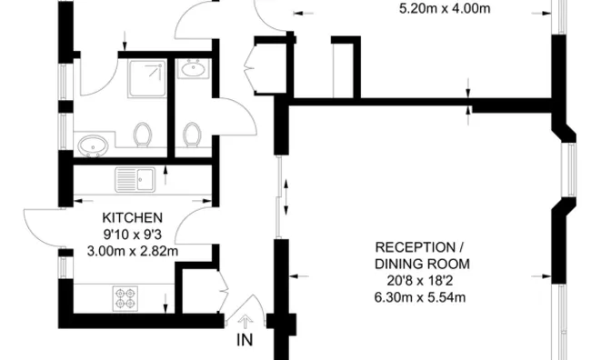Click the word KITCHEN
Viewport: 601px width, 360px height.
pos(132,218)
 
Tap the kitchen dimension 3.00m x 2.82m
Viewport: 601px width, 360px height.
pos(133,252)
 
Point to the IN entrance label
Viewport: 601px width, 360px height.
pos(245,340)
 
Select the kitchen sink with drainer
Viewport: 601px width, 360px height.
pos(135,179)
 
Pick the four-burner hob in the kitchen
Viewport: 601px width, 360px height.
pos(125,298)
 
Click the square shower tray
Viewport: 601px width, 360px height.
pos(147,78)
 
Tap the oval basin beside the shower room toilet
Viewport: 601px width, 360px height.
pos(93,146)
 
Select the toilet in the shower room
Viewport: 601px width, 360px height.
pos(143,135)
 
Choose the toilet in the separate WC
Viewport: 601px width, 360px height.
pos(192,135)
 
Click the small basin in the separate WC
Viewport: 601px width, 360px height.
pos(193,68)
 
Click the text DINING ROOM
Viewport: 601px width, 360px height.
pos(422,265)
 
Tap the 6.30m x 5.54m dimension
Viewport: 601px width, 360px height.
pos(420,297)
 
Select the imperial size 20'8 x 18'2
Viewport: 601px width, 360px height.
pos(420,281)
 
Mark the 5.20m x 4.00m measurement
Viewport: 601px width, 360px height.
pos(445,8)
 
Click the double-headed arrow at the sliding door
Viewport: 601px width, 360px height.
pos(285,197)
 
